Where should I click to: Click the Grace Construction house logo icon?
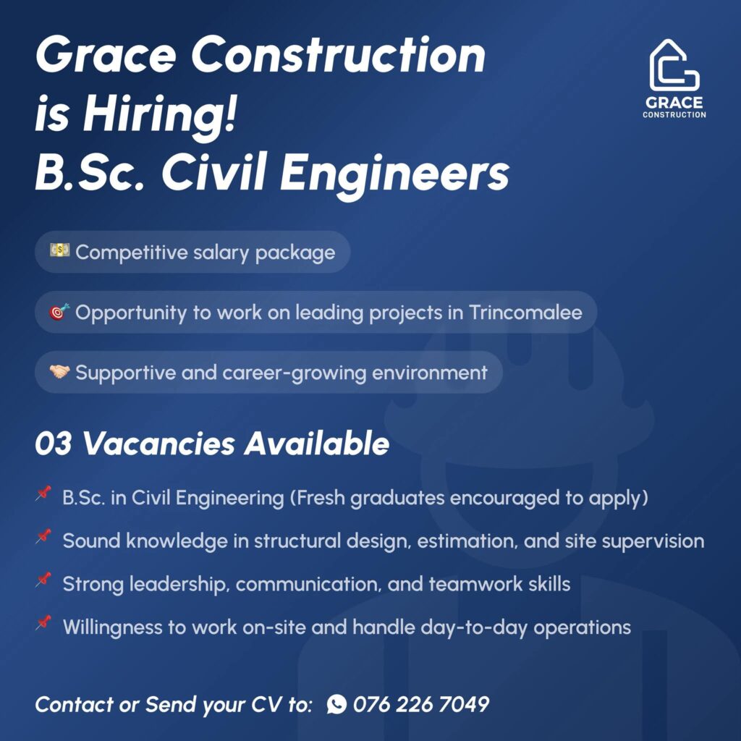(674, 65)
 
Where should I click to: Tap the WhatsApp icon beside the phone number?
(336, 704)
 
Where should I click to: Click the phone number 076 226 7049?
(420, 704)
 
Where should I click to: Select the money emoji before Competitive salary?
(60, 250)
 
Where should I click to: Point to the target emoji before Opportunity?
(59, 311)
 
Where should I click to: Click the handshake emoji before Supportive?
(59, 372)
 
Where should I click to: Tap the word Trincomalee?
(525, 313)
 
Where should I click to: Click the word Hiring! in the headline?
(160, 114)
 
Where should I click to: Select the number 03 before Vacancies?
(54, 444)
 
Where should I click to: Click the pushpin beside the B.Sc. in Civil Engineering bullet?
(43, 494)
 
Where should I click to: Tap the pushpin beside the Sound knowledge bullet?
(43, 537)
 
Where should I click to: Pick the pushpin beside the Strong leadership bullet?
(43, 580)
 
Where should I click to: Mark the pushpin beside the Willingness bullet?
(43, 623)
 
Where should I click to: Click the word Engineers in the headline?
(394, 174)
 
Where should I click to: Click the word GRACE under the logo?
(674, 103)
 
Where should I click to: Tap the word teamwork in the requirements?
(475, 584)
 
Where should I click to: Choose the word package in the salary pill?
(295, 253)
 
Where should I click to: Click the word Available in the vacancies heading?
(317, 444)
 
